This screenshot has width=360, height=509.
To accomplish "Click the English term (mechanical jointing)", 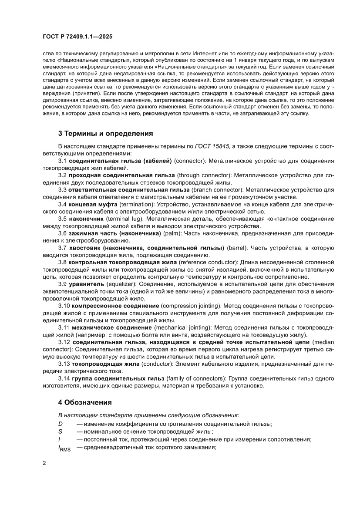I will pos(182,327).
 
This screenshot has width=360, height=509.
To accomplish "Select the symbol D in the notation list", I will pos(61,424).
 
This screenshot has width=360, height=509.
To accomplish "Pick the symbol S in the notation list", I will pos(60,431).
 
